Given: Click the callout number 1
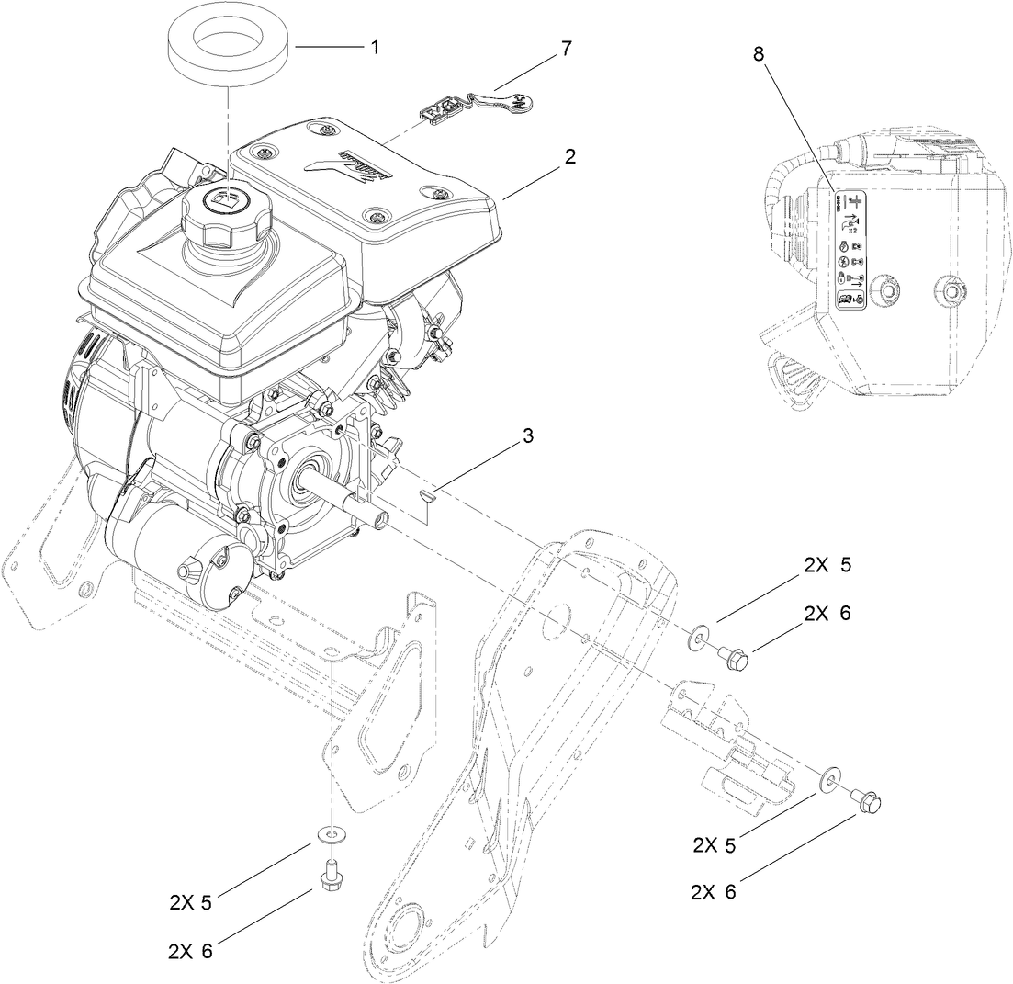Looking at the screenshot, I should pyautogui.click(x=374, y=47).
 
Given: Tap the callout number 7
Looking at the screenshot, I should pyautogui.click(x=565, y=49).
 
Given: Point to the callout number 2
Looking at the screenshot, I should pyautogui.click(x=570, y=157).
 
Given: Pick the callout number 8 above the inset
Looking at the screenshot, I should pyautogui.click(x=758, y=53).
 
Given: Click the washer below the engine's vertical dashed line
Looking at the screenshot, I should pyautogui.click(x=328, y=833).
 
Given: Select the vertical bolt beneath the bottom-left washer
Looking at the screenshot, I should pyautogui.click(x=328, y=873).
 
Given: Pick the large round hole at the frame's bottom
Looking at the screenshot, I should pyautogui.click(x=408, y=924).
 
